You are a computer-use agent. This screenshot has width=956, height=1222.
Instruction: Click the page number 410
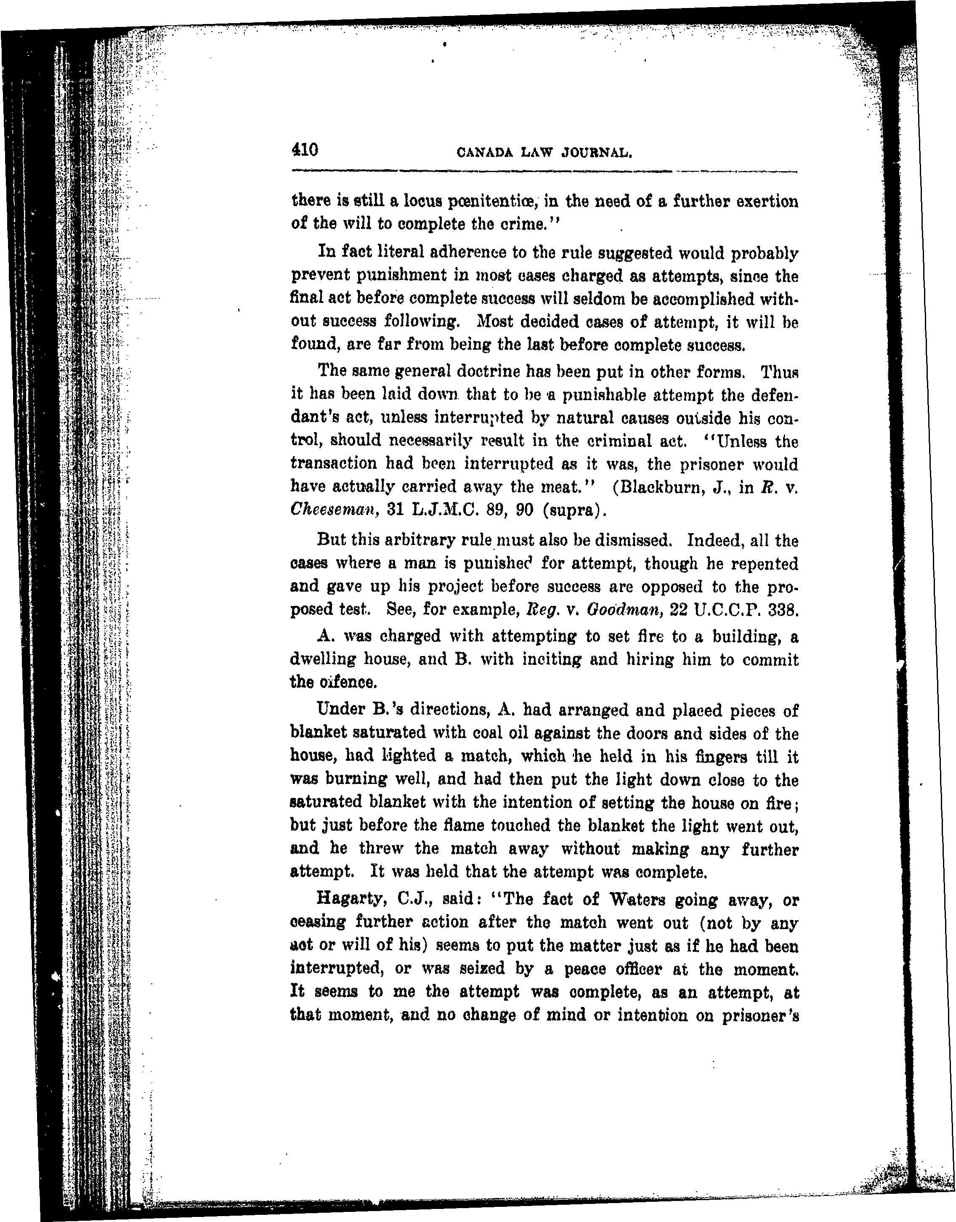305,150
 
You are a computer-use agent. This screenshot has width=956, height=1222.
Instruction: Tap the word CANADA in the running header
483,152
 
